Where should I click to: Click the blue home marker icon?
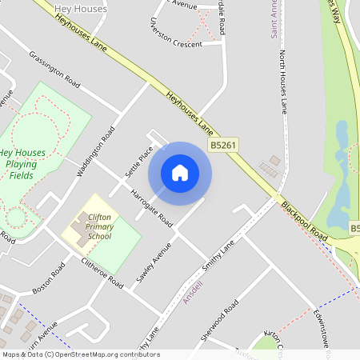click(x=180, y=172)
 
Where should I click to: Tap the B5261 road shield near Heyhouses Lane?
click(x=223, y=146)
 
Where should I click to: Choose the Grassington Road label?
click(x=55, y=70)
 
